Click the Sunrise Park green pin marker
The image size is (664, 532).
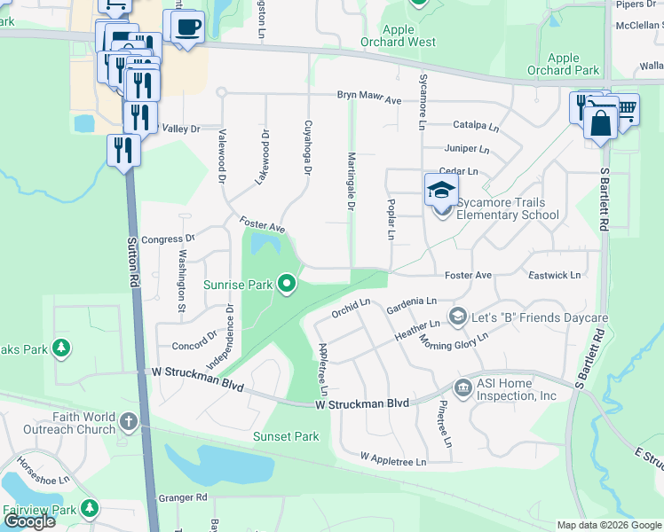(286, 285)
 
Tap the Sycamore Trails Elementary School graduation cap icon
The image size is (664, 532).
(442, 189)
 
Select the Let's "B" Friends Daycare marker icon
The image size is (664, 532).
(458, 317)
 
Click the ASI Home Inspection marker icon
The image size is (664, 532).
(462, 387)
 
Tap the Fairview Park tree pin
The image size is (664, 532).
(89, 509)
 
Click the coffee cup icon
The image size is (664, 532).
(189, 27)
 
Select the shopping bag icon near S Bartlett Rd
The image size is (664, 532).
(601, 122)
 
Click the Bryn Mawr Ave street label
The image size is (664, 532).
(369, 98)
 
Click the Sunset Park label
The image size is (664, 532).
(285, 436)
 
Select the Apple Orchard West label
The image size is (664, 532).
(398, 35)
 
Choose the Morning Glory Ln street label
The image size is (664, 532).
(454, 341)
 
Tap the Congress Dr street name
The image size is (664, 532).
(168, 239)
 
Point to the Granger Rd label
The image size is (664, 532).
(182, 497)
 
